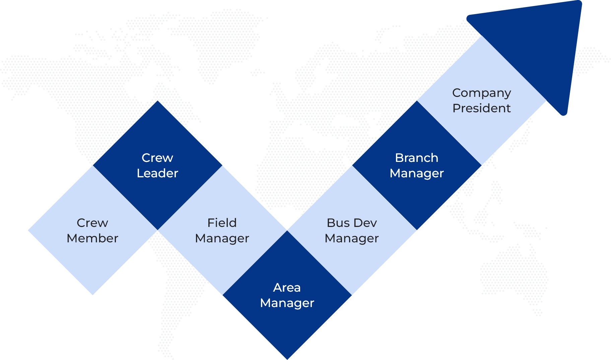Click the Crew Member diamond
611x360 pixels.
click(x=93, y=230)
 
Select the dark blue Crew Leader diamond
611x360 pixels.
click(x=157, y=165)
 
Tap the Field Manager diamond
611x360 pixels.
click(x=222, y=230)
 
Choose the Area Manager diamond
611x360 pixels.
click(x=287, y=295)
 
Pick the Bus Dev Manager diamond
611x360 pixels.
click(x=352, y=230)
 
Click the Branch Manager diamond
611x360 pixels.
click(x=417, y=165)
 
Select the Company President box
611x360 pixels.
click(x=482, y=100)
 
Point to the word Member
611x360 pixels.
click(x=92, y=238)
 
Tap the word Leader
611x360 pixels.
click(x=157, y=173)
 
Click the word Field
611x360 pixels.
click(x=222, y=223)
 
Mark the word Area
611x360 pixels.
click(x=287, y=288)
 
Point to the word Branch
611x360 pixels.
click(x=417, y=158)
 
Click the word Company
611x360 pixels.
click(x=482, y=93)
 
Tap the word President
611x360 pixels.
click(x=482, y=108)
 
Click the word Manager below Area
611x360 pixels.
click(x=287, y=303)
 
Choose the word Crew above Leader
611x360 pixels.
click(x=157, y=158)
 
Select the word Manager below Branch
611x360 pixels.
click(x=417, y=174)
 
